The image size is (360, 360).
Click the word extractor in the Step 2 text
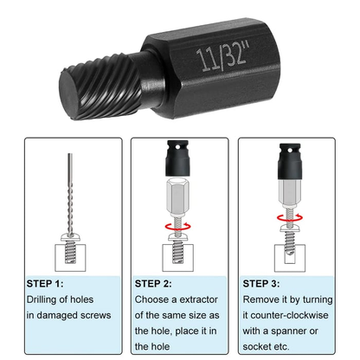pyautogui.click(x=200, y=299)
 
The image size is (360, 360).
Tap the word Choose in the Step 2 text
pyautogui.click(x=155, y=299)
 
